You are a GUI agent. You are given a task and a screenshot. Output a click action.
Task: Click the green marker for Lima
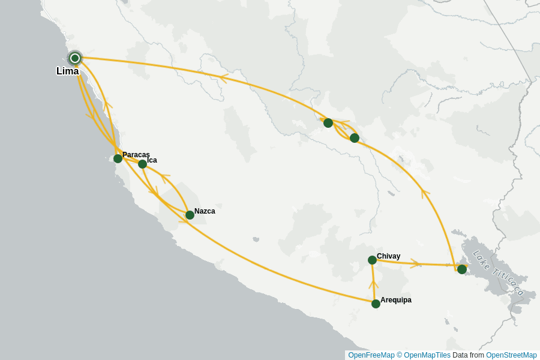click(75, 58)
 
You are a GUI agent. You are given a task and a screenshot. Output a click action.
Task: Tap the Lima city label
click(67, 71)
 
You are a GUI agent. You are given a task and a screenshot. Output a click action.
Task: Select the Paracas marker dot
click(118, 158)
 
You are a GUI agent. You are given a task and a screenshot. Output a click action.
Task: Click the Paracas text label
click(136, 155)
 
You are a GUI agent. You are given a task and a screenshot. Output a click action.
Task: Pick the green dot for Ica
click(142, 164)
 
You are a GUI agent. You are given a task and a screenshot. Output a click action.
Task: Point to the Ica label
click(152, 160)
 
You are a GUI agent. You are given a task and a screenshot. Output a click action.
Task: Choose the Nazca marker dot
click(190, 215)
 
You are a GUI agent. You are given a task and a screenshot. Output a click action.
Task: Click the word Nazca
click(205, 211)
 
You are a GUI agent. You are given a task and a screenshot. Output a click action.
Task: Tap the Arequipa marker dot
click(376, 304)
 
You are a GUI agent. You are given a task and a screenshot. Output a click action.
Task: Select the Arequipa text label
click(396, 300)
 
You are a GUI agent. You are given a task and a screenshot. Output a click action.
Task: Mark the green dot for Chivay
click(372, 260)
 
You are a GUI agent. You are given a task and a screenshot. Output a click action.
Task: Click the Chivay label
click(388, 256)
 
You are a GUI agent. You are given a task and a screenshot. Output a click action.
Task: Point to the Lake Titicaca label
click(498, 273)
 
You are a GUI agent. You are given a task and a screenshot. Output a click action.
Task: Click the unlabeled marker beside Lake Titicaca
click(461, 269)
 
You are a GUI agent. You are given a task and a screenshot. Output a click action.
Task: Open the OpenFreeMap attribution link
click(371, 355)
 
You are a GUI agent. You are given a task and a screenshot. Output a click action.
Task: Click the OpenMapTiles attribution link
click(427, 355)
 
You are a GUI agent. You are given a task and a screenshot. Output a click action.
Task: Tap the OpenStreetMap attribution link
click(511, 355)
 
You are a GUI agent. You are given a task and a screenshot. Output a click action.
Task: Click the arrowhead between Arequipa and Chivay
click(373, 283)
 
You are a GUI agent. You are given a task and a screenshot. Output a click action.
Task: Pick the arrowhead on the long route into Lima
click(223, 78)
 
